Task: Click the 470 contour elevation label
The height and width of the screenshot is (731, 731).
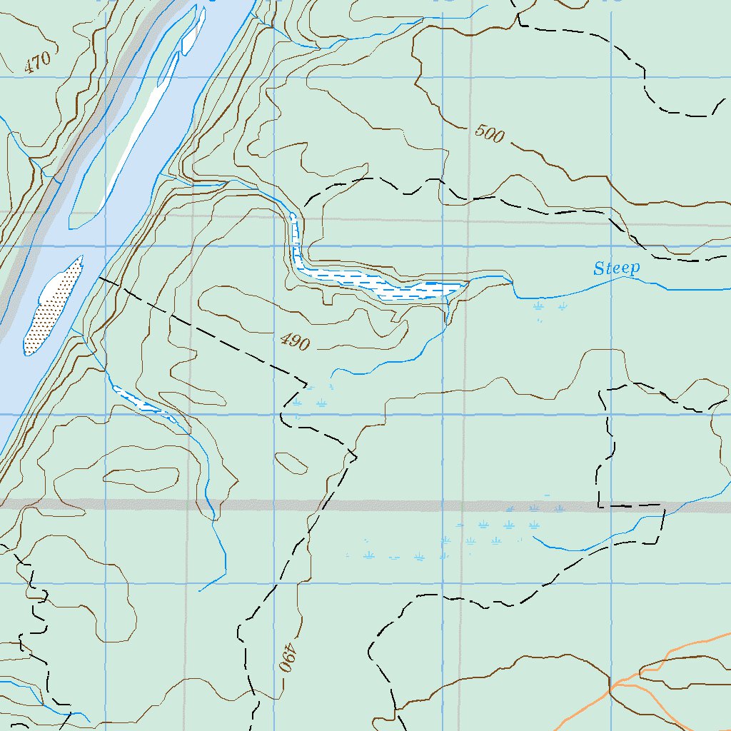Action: pyautogui.click(x=38, y=63)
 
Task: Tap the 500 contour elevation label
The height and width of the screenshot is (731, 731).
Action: pyautogui.click(x=489, y=133)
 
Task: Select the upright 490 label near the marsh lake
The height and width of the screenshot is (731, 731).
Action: pyautogui.click(x=295, y=343)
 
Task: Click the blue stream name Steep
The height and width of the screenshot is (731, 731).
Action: pyautogui.click(x=617, y=268)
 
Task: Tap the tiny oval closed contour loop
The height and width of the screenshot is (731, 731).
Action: pyautogui.click(x=291, y=462)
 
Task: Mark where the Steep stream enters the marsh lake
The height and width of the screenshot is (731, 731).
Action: pyautogui.click(x=468, y=283)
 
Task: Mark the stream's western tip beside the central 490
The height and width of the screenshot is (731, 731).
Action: pyautogui.click(x=332, y=373)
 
